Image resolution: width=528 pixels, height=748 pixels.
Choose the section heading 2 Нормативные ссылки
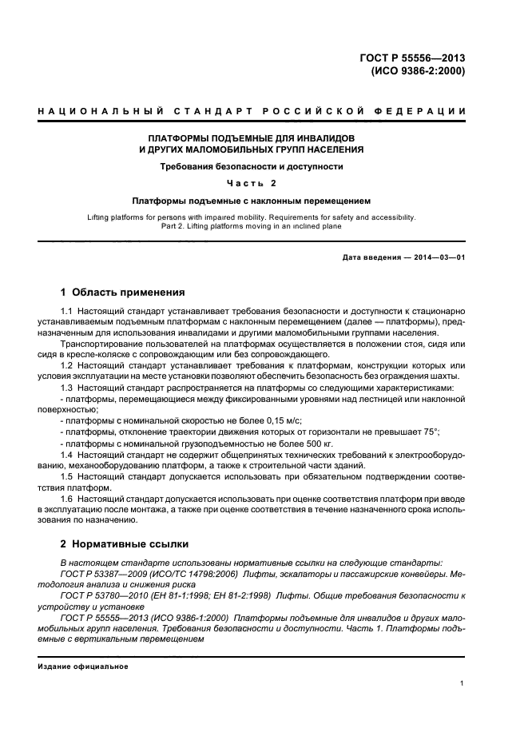click(125, 543)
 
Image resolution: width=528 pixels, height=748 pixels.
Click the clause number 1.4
click(68, 453)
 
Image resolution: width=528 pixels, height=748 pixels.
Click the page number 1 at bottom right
click(462, 683)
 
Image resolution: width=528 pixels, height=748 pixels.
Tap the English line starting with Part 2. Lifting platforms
click(252, 226)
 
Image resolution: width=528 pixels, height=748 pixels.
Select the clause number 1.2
click(68, 364)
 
